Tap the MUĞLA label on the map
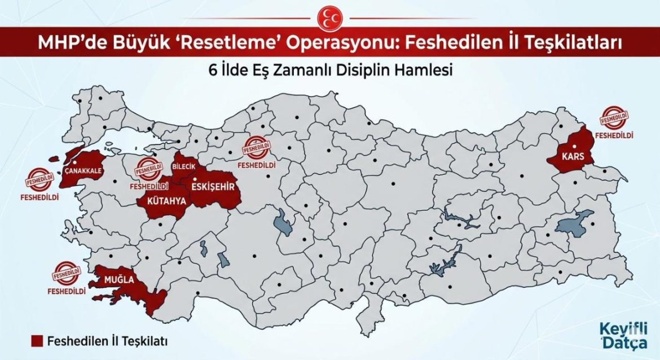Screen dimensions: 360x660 pyautogui.click(x=117, y=279)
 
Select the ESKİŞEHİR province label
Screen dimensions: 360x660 pyautogui.click(x=213, y=187)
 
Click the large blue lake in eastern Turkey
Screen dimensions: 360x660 pyautogui.click(x=574, y=222)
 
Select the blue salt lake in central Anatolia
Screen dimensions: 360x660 pyautogui.click(x=283, y=222)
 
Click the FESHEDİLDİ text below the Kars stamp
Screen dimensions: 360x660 pyautogui.click(x=617, y=135)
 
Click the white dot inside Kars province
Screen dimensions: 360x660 pyautogui.click(x=573, y=146)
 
